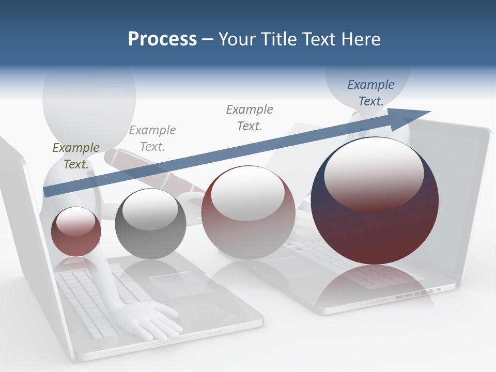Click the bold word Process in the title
tap(162, 39)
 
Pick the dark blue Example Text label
tap(370, 93)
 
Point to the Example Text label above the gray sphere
tap(152, 138)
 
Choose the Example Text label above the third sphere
tap(250, 118)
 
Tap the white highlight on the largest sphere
tap(374, 173)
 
